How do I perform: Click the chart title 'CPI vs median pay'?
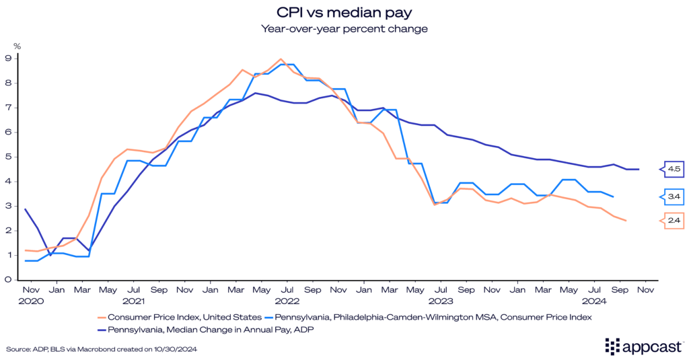point(344,12)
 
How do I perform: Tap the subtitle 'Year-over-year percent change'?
point(344,29)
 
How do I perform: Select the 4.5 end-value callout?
point(674,169)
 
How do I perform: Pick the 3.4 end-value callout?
point(674,196)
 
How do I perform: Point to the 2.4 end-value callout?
point(674,221)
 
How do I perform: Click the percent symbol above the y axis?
point(17,46)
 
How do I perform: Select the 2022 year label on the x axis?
point(287,301)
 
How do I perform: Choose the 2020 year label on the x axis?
point(31,301)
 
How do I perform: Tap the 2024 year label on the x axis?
point(594,301)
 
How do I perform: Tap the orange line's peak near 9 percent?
point(281,59)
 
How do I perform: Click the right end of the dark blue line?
point(639,169)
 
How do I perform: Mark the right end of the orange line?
point(626,221)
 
